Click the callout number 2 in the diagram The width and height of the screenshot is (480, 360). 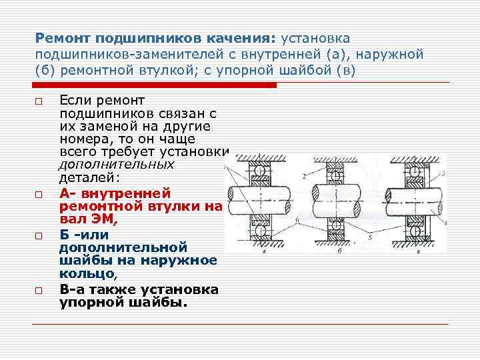click(x=304, y=176)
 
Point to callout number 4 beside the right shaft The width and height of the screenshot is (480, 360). click(x=445, y=223)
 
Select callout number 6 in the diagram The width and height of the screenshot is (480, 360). click(x=295, y=219)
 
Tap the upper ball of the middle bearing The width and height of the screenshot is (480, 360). click(x=333, y=172)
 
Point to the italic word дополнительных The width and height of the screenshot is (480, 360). click(x=117, y=164)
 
